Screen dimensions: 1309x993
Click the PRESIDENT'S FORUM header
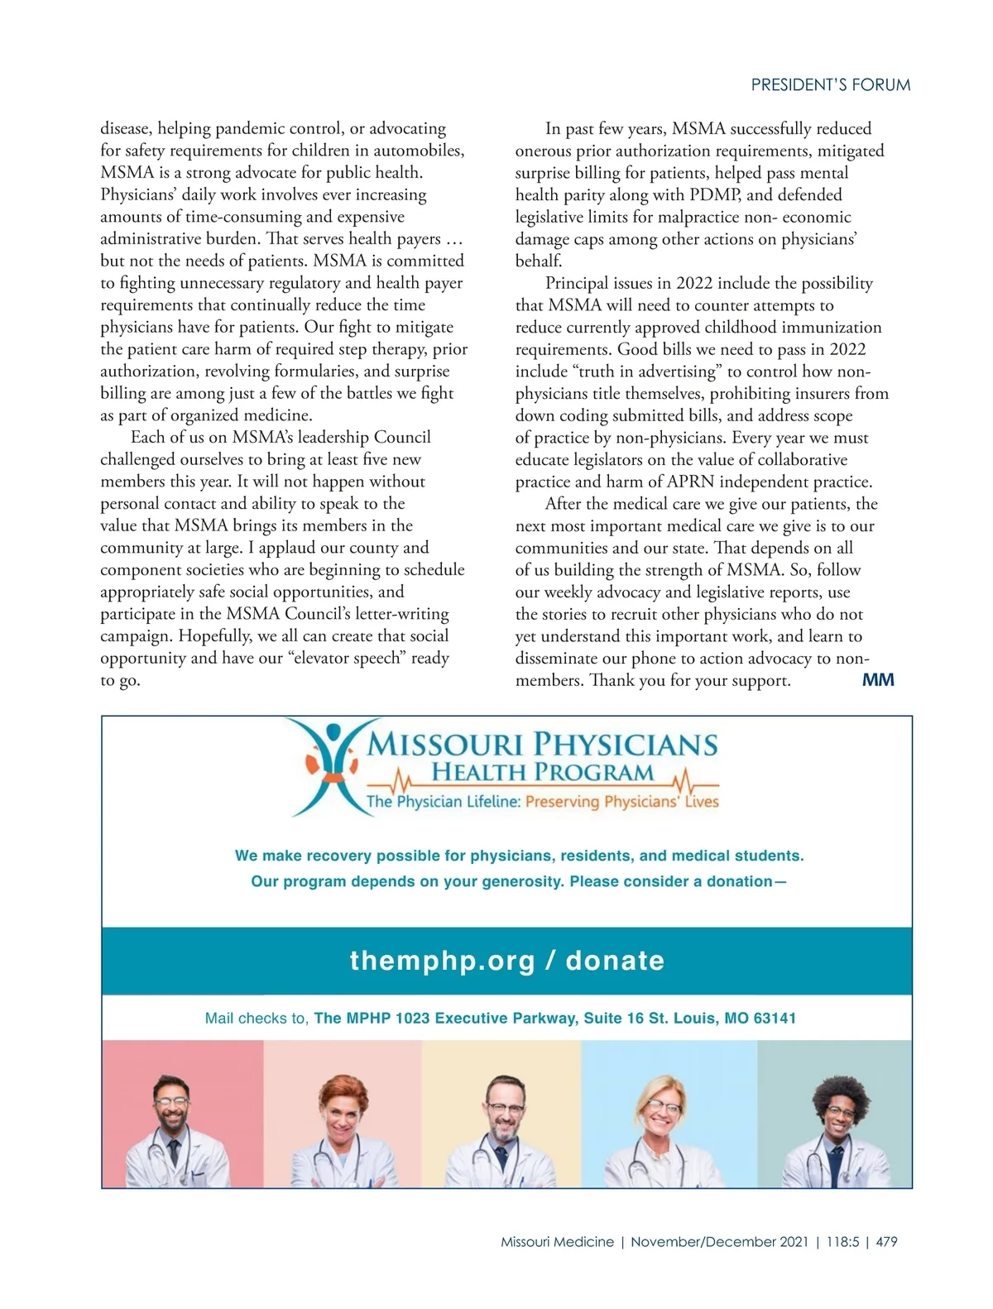(x=830, y=84)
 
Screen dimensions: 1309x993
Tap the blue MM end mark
(x=878, y=680)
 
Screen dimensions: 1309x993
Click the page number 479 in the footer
(x=886, y=1242)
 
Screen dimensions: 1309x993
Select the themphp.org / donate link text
(x=506, y=961)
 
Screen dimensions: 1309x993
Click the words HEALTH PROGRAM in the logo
(x=542, y=773)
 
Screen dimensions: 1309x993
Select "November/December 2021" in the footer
(x=719, y=1242)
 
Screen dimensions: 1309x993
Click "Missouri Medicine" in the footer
(x=557, y=1242)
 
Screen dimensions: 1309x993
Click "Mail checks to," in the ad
(x=257, y=1019)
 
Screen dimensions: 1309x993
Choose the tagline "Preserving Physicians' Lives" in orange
(x=621, y=802)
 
